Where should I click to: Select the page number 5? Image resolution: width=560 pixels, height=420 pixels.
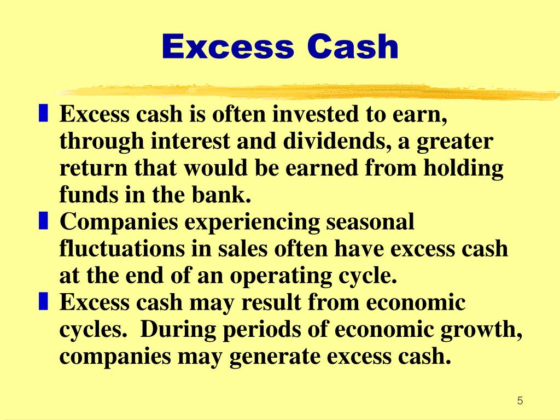(520, 401)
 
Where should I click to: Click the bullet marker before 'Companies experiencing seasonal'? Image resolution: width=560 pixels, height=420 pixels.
(43, 221)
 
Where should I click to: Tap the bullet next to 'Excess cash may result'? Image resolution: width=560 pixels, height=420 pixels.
(43, 301)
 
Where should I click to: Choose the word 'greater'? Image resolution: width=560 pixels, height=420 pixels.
(456, 143)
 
